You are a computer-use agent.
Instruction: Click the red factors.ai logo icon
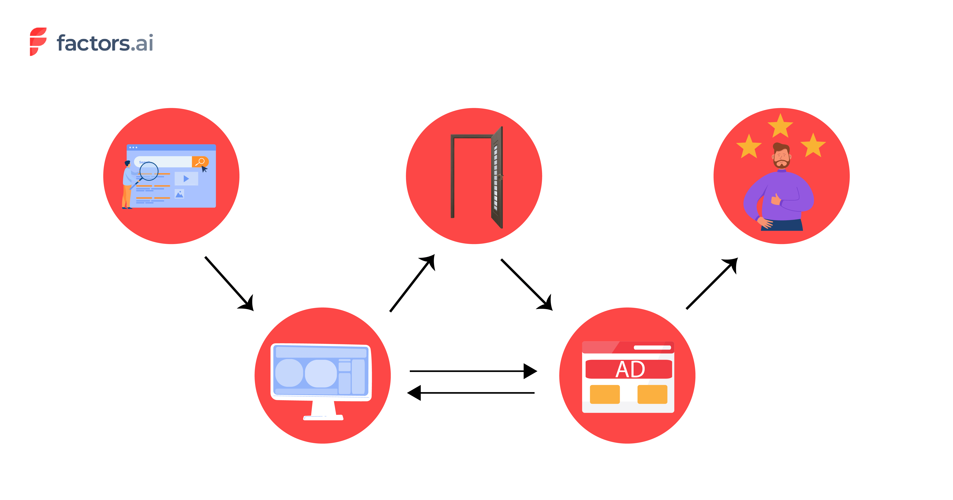point(38,41)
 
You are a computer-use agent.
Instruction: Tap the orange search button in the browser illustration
point(200,162)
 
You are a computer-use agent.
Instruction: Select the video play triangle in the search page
point(186,179)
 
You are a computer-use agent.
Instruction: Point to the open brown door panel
point(497,178)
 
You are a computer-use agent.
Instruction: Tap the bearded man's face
point(781,157)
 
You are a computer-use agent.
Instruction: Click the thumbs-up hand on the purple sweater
point(776,200)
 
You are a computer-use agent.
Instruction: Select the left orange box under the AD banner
point(605,394)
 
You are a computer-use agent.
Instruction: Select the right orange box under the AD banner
point(652,394)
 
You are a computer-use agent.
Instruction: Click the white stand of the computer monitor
point(323,411)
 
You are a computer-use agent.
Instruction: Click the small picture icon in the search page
point(179,194)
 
